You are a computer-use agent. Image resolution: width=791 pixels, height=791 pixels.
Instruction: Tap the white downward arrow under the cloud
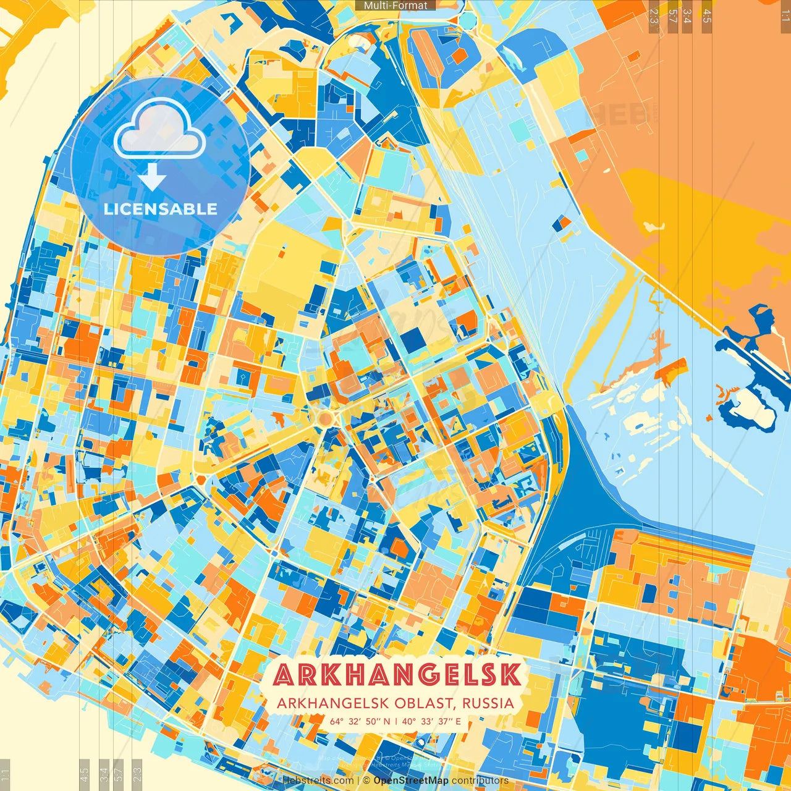coord(152,177)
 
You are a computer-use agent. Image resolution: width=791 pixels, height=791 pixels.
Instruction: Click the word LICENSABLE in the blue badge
coord(161,209)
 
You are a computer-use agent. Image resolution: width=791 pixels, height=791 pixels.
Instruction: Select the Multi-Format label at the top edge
coord(395,6)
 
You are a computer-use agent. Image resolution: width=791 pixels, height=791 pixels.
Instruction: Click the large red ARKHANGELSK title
coord(397,675)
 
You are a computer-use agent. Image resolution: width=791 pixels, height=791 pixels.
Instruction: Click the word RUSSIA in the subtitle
coord(488,703)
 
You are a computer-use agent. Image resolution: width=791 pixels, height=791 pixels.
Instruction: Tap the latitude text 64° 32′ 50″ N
coord(360,721)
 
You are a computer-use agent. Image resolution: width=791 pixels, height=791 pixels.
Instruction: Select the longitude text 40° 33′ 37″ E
coord(431,721)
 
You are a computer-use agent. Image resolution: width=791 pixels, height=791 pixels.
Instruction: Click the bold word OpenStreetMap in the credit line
coord(411,780)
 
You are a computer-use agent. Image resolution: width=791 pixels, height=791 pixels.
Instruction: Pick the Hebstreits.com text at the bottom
coord(318,780)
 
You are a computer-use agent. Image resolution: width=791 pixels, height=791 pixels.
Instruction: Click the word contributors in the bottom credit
coord(480,780)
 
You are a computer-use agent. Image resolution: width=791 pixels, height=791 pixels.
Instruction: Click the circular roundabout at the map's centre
coord(324,419)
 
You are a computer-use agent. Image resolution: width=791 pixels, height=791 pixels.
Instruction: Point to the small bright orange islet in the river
coord(670,370)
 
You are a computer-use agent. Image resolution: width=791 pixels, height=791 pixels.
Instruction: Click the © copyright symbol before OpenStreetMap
coord(366,780)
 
